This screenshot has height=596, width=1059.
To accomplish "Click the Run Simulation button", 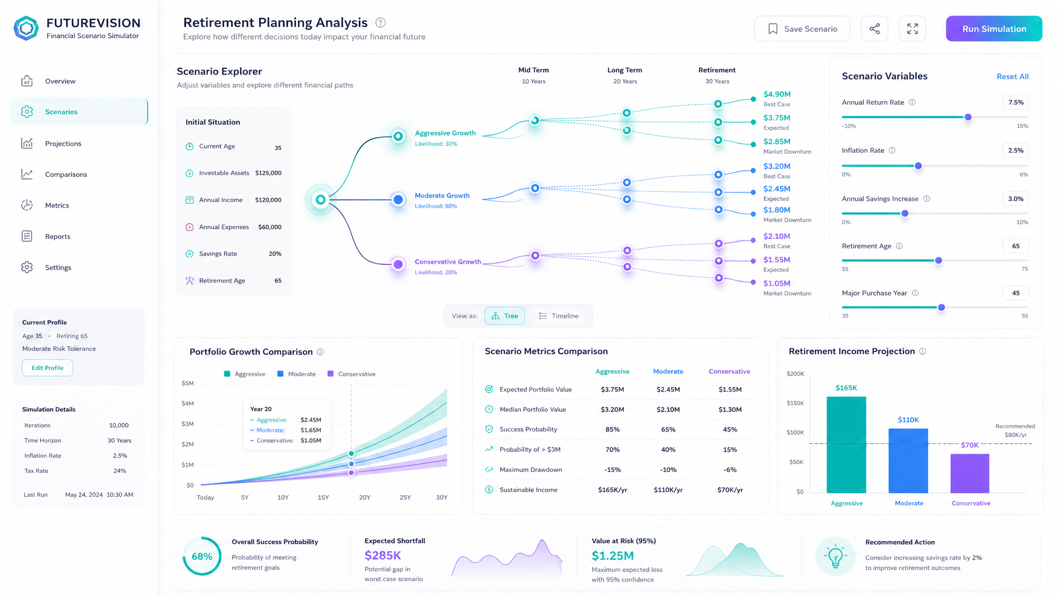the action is coord(994,28).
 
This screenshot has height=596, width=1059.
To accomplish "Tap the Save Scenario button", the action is coord(802,28).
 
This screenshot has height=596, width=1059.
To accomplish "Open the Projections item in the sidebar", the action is coord(63,143).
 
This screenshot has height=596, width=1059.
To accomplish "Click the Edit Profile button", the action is coord(48,368).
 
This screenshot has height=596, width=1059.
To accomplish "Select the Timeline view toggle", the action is coord(558,316).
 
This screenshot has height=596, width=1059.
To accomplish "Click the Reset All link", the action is coord(1012,77).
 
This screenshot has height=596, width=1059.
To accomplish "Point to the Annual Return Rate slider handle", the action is coord(968,117).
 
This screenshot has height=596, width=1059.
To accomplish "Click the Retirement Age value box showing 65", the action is coord(1016,246).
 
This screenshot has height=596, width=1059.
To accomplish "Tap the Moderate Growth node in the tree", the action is coord(398,200).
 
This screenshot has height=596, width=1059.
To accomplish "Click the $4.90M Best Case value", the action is coord(777,94).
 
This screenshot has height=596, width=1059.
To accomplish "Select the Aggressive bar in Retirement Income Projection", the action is coord(846,445).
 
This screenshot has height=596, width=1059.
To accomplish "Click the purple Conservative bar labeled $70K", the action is coord(970,473).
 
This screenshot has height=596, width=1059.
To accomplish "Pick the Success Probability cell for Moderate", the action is coord(668,429).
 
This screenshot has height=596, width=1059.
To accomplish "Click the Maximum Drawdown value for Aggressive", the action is coord(613,470).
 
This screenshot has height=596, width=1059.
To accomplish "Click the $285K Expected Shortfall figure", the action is coord(383,555).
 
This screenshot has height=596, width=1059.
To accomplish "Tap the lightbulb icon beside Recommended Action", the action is coord(835,557).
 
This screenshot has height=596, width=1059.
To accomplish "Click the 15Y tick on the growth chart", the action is coord(323,498).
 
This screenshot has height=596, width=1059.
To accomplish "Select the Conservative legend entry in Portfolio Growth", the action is coord(352,374).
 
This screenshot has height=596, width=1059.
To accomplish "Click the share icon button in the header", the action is coord(874,28).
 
